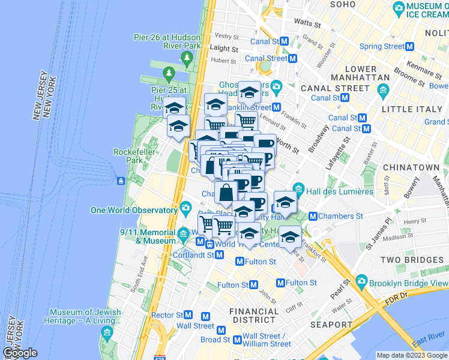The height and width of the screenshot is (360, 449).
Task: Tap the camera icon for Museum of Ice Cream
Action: pos(399,8)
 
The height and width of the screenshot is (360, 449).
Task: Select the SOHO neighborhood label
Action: pos(342,4)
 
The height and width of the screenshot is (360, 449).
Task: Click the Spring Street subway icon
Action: pos(411,46)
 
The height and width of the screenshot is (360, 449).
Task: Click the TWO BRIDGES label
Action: pos(412,260)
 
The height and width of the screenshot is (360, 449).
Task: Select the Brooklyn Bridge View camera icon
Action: pos(361,281)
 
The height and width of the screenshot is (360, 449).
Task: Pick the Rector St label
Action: pos(167,315)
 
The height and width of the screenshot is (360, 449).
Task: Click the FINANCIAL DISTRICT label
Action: pos(255,316)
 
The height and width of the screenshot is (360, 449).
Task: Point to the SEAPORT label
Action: pos(332,325)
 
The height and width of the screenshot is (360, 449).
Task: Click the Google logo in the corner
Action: pos(20,353)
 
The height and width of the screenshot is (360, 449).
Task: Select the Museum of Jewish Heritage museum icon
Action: pos(107,332)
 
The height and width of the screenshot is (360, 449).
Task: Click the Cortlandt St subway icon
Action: pos(220,255)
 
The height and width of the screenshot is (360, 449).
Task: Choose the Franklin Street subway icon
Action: pos(277,107)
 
